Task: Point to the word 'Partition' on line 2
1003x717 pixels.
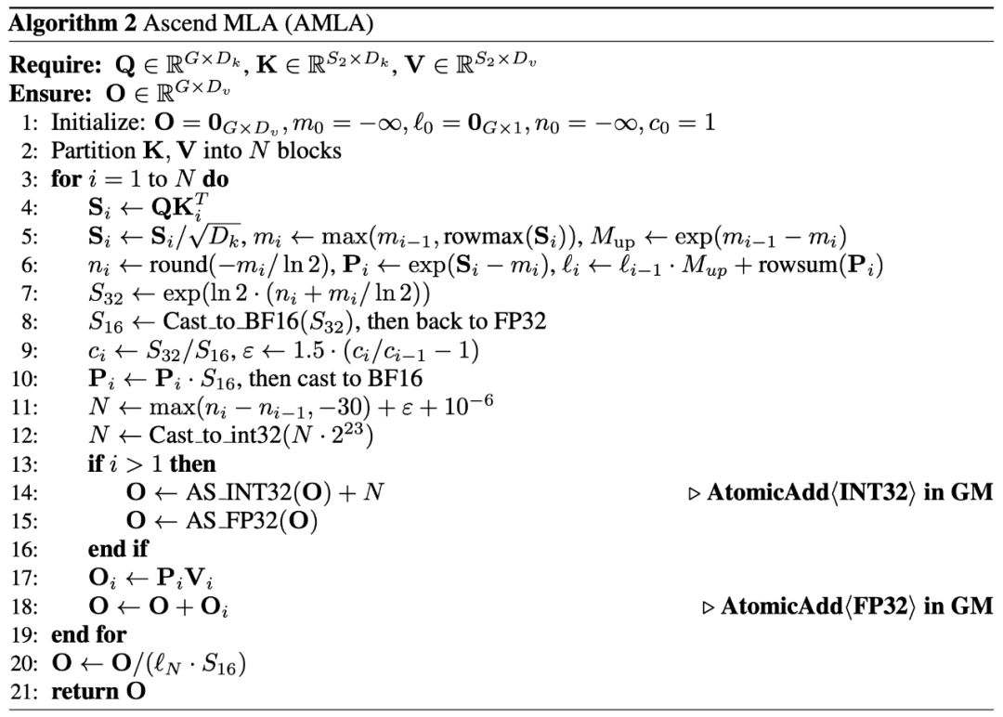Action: point(88,150)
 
